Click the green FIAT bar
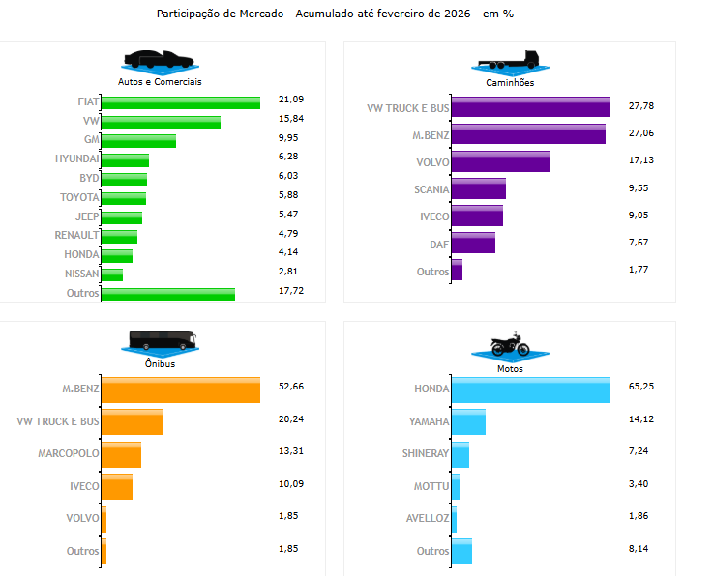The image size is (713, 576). (x=181, y=102)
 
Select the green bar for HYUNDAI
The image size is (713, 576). (x=125, y=159)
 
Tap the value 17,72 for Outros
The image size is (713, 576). (x=291, y=291)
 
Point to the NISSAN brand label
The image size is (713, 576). (x=80, y=273)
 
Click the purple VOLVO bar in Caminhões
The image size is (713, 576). (x=500, y=161)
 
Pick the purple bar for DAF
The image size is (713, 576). (x=473, y=243)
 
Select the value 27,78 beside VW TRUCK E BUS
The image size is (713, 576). (x=641, y=105)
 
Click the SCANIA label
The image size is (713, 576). (x=431, y=189)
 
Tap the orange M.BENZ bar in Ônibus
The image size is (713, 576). (x=181, y=389)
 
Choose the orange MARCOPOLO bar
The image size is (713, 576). (x=122, y=453)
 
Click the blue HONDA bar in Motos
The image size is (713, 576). (x=530, y=389)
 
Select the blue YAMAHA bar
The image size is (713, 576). (x=468, y=421)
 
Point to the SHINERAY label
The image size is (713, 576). (x=426, y=453)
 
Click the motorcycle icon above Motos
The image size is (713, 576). (x=510, y=345)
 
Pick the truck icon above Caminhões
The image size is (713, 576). (x=510, y=60)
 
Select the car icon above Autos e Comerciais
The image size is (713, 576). (x=159, y=58)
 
